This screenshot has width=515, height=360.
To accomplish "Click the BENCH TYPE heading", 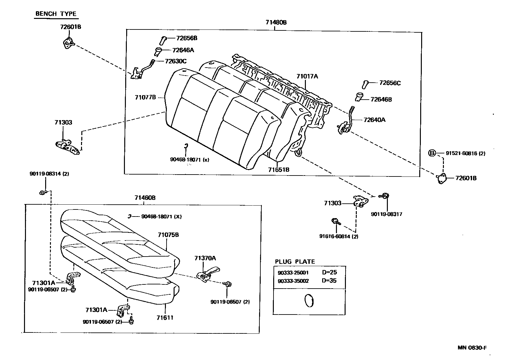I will pos(56,14).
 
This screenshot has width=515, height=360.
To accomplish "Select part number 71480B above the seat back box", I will pos(276,22).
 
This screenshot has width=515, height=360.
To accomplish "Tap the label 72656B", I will pos(186,38).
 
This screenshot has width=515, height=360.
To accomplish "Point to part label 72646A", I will pos(183,50).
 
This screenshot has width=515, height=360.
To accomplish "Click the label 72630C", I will pos(176,61).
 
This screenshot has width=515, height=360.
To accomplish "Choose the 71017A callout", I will pos(307,76).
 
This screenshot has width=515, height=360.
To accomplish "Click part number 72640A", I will pos(374,120).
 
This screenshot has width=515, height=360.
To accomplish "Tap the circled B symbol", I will pos(432,153).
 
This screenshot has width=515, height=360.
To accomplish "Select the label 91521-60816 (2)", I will pos(465,153).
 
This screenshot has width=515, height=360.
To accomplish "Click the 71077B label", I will pos(145,97).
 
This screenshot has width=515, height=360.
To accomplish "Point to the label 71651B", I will pos(279,169).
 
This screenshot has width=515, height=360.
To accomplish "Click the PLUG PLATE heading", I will pos(295,261).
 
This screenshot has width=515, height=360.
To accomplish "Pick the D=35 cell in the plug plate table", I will pos(329,281).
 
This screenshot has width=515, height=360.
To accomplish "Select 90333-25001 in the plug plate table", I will pos(293,273).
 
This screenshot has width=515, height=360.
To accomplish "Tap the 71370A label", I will pos(205,258).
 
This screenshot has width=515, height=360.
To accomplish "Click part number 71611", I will pos(165,317).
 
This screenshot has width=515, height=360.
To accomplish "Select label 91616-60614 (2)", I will pos(339,236).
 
